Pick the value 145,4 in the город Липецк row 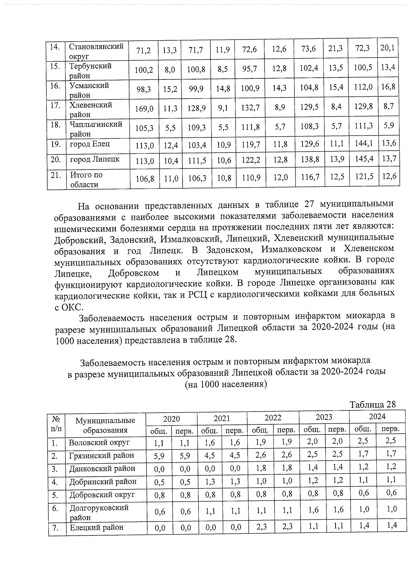click(x=363, y=159)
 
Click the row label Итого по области click(x=86, y=179)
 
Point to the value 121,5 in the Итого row click(x=363, y=177)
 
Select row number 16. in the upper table click(x=55, y=86)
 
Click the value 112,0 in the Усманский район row click(x=363, y=87)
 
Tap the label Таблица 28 click(x=373, y=404)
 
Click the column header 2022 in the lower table click(x=273, y=418)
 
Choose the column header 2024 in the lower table click(x=377, y=417)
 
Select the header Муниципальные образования click(x=105, y=425)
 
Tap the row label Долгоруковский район click(x=99, y=512)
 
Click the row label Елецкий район click(x=97, y=527)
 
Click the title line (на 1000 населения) click(x=226, y=384)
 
